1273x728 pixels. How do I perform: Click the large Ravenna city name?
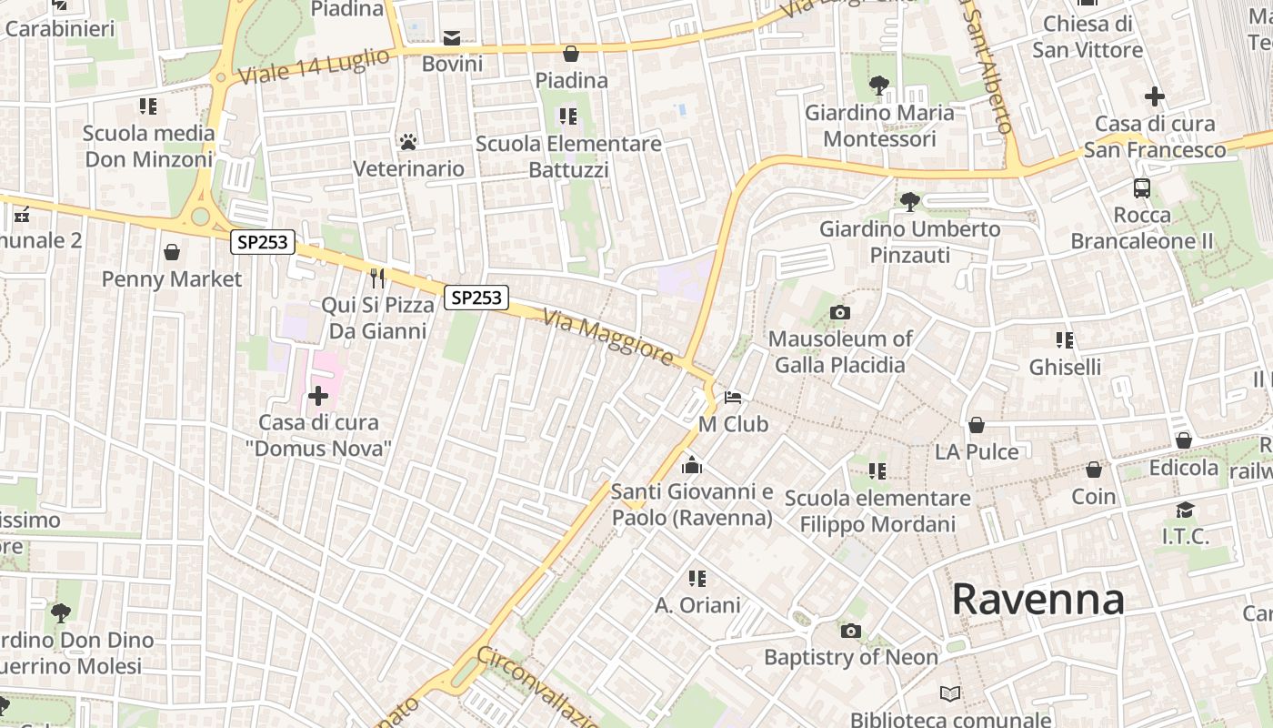[x=1037, y=600]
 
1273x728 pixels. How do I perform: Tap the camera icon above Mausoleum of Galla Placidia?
[x=840, y=313]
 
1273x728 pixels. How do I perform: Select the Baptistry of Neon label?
[x=850, y=657]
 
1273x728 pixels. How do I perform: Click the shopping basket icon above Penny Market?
[x=172, y=252]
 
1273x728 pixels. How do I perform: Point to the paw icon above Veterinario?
[x=408, y=142]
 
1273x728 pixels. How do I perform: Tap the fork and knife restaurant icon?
[x=378, y=278]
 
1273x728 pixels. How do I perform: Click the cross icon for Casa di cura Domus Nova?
[x=318, y=396]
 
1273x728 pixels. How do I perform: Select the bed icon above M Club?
[x=733, y=398]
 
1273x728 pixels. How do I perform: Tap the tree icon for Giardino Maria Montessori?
[x=878, y=86]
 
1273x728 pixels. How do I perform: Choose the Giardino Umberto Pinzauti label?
[x=910, y=241]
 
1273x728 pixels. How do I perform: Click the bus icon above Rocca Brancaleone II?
[x=1142, y=188]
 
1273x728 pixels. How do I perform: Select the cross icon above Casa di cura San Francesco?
[x=1154, y=96]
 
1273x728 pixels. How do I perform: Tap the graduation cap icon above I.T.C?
[x=1185, y=510]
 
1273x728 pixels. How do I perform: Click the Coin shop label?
[x=1093, y=496]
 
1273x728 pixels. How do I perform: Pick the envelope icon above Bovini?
[x=452, y=37]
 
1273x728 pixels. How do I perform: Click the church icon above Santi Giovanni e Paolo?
[x=692, y=465]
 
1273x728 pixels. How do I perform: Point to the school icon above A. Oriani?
[x=697, y=579]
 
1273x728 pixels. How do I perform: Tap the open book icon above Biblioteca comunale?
[x=950, y=694]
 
